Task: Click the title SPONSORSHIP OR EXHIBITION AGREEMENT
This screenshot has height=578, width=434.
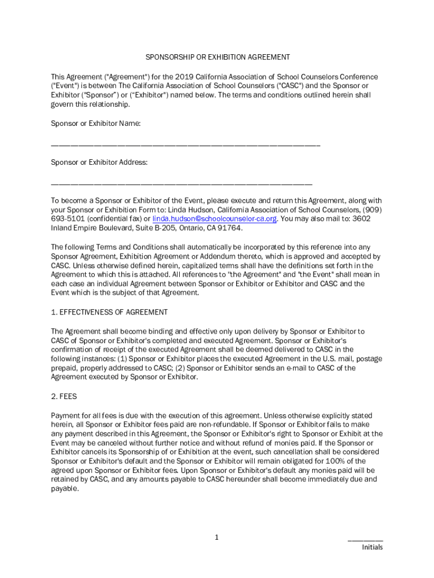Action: [x=218, y=57]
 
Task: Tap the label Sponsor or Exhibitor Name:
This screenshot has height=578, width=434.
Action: [x=96, y=123]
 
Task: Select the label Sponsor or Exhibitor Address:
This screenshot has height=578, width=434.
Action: [x=99, y=162]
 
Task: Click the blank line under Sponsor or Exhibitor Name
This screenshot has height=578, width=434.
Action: [x=185, y=146]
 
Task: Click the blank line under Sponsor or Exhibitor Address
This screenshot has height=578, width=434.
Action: [x=181, y=185]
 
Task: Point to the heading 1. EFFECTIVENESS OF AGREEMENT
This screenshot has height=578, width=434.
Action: [x=109, y=312]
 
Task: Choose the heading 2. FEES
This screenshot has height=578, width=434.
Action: [x=64, y=396]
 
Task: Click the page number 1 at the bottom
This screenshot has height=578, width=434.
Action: [x=216, y=537]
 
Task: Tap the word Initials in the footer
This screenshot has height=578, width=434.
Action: [x=372, y=547]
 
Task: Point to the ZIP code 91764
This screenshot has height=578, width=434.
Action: [x=230, y=228]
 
